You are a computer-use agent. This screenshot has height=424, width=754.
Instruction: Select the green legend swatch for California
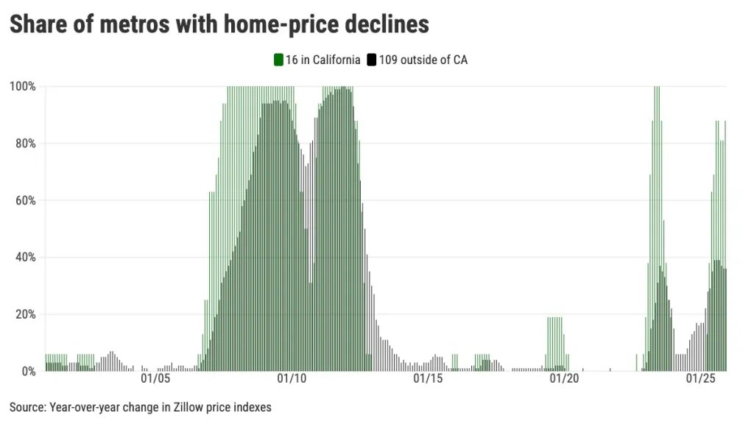click(278, 60)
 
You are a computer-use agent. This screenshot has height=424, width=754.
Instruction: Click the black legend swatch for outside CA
click(372, 60)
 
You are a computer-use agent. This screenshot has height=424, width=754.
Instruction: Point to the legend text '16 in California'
click(323, 60)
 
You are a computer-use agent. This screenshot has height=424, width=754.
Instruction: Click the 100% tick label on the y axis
click(22, 86)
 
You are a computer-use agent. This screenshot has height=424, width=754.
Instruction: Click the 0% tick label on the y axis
click(27, 371)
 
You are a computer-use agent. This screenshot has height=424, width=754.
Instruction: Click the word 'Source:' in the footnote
click(29, 407)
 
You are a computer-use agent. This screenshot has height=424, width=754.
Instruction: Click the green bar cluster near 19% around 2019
click(555, 342)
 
